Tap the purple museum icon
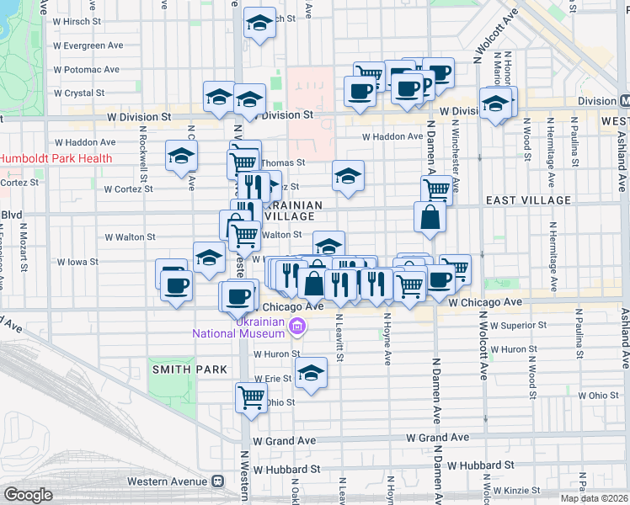pos(296,327)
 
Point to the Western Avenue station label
pos(167,481)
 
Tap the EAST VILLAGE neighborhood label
pos(528,200)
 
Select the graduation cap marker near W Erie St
pos(311,371)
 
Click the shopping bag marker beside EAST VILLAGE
pos(430,218)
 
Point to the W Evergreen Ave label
pos(87,45)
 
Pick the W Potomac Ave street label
pos(88,68)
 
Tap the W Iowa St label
pos(127,262)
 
